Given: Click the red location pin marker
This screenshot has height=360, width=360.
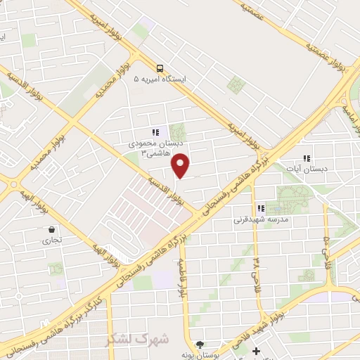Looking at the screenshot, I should click(181, 165).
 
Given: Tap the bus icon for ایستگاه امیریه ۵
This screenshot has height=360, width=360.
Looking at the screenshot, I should click(161, 69).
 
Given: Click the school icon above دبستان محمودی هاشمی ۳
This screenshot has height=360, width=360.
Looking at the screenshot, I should click(155, 131).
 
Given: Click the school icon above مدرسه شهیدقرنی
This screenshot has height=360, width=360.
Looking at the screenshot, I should click(261, 208).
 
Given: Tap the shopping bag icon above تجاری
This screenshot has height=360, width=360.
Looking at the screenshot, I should click(52, 229).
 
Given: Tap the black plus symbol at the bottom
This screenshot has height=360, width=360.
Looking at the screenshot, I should click(256, 350).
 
